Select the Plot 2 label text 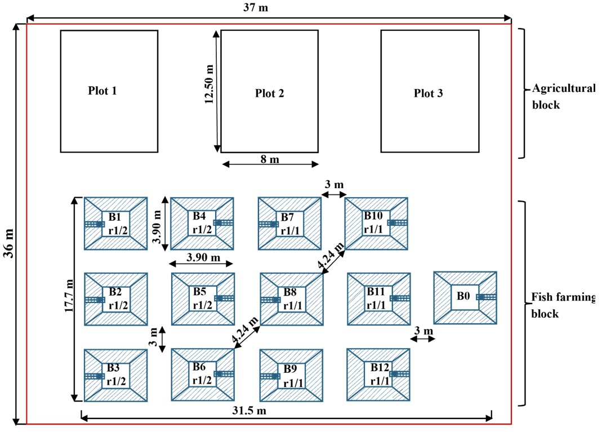[x=269, y=93]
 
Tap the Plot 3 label [x=428, y=93]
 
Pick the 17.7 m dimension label [x=69, y=299]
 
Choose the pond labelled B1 [x=116, y=223]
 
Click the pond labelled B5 [x=202, y=299]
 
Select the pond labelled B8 [x=291, y=299]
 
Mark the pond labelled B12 [x=378, y=374]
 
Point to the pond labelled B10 [x=376, y=223]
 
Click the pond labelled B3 [x=116, y=375]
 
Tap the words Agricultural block [x=563, y=96]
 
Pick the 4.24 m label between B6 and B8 [x=246, y=330]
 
